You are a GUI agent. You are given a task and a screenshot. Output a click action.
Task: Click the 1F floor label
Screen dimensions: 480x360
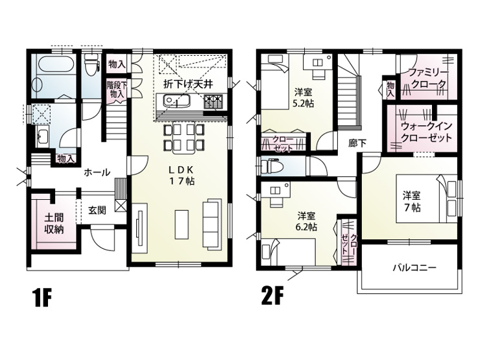[42, 297]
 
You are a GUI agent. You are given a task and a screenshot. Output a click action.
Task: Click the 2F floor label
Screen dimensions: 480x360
[272, 295]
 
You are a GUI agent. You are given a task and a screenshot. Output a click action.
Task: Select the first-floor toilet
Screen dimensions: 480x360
[91, 64]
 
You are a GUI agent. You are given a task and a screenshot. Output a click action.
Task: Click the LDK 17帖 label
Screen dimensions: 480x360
[182, 175]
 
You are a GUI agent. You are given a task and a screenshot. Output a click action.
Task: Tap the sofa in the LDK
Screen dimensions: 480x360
[212, 224]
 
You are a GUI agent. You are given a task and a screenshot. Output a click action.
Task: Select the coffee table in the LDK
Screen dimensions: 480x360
[182, 224]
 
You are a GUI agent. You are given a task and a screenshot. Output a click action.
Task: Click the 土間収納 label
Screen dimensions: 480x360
[54, 224]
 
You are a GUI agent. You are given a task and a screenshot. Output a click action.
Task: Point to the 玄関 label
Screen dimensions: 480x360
[97, 210]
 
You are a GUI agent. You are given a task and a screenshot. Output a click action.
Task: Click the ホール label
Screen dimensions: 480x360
[97, 173]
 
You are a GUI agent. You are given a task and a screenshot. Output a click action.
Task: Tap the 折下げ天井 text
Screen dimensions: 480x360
[188, 84]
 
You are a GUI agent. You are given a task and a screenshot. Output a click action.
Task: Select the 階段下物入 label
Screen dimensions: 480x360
[117, 89]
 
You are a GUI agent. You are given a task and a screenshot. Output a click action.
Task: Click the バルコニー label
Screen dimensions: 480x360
[414, 268]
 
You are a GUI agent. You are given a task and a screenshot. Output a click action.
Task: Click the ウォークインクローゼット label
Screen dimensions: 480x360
[426, 132]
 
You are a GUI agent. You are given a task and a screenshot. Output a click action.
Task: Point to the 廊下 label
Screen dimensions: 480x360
[357, 143]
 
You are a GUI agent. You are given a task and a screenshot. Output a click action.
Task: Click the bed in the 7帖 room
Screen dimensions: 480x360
[427, 198]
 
